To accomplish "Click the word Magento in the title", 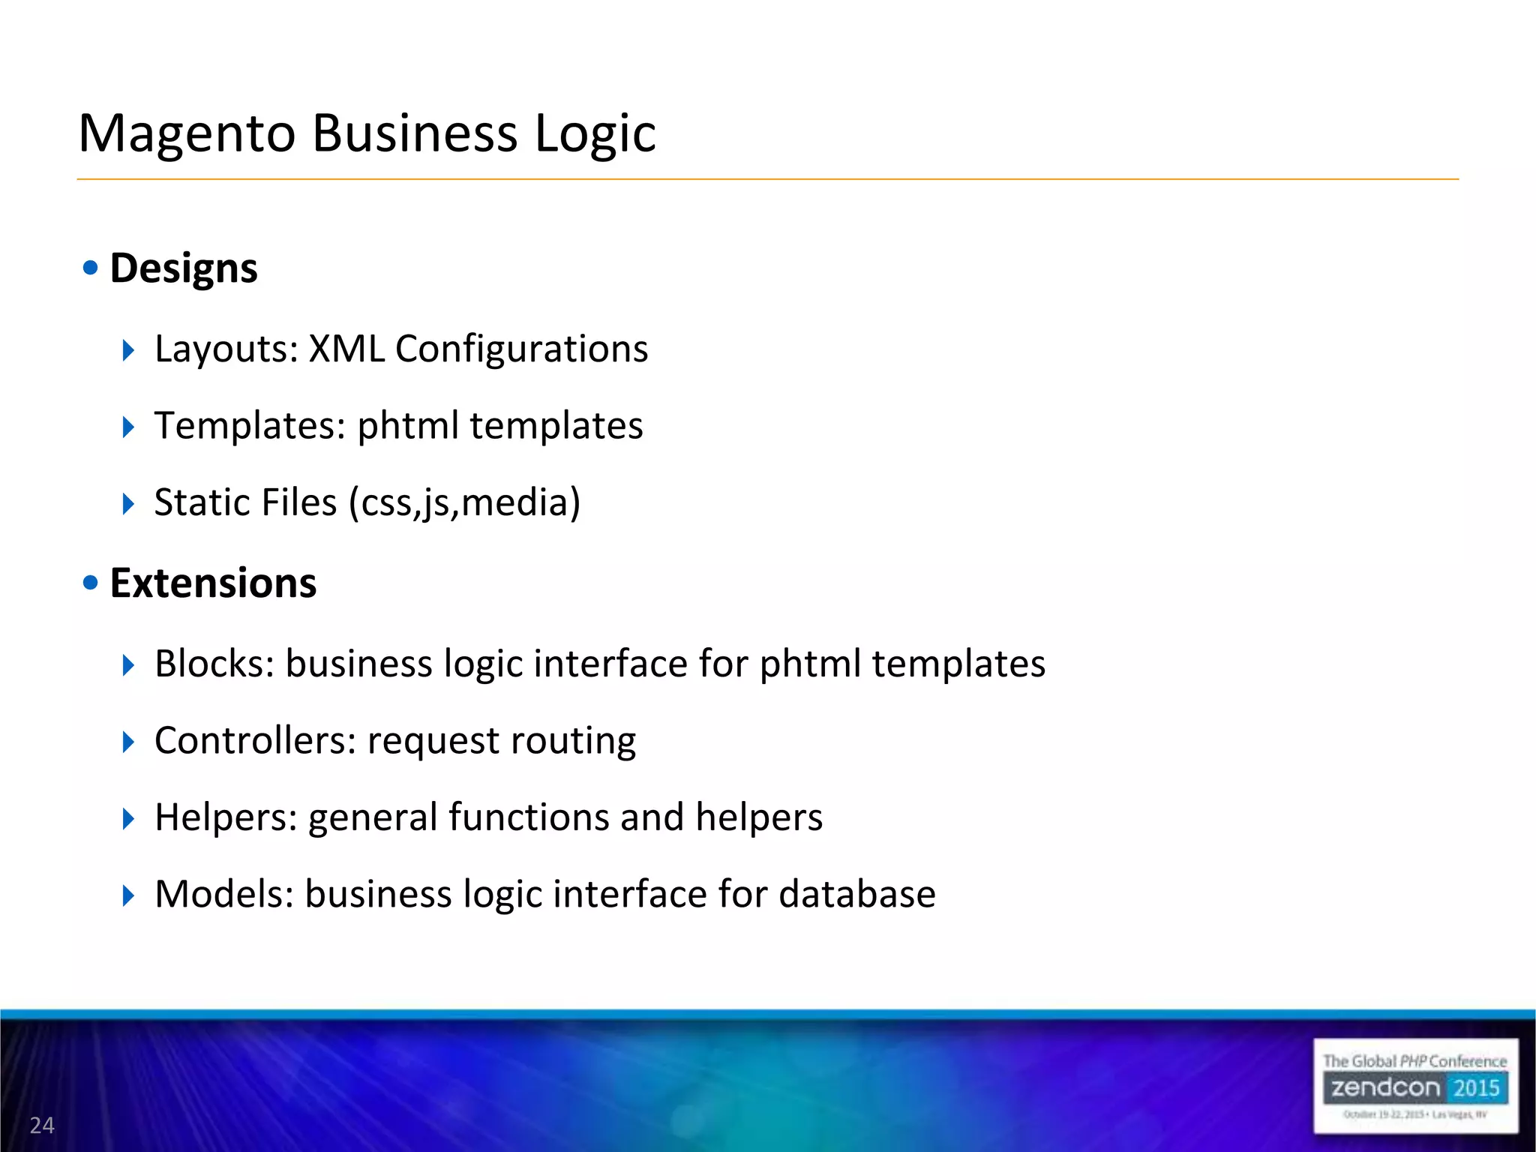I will click(187, 133).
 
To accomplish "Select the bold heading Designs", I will click(184, 268).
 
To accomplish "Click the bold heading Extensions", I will click(213, 583).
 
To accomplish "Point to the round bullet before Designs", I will click(91, 268).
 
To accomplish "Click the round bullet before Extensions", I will click(91, 582).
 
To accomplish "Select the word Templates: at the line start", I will click(250, 425).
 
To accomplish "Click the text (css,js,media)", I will click(464, 502).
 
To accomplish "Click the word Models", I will click(224, 894).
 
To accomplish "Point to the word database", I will click(856, 894).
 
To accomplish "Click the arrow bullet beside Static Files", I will click(128, 503).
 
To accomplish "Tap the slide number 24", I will click(42, 1125).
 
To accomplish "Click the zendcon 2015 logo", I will click(1415, 1087).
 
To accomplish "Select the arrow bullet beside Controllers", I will click(128, 742).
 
